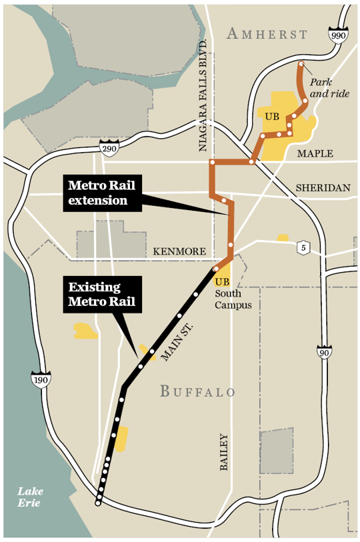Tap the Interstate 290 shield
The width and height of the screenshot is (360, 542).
[x=109, y=147]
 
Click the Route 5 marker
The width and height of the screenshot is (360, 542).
[x=304, y=246]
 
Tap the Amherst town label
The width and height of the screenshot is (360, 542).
[x=266, y=35]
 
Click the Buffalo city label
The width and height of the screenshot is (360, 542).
[x=197, y=391]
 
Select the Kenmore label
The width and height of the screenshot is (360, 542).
[x=179, y=251]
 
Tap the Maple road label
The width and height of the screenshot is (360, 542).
[x=315, y=154]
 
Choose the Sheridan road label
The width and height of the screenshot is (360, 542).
[x=323, y=189]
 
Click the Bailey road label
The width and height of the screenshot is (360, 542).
[x=223, y=453]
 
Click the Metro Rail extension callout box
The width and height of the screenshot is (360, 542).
[x=103, y=193]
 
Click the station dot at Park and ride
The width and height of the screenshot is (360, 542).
[x=301, y=64]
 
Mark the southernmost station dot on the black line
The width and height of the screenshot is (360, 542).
[x=98, y=503]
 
